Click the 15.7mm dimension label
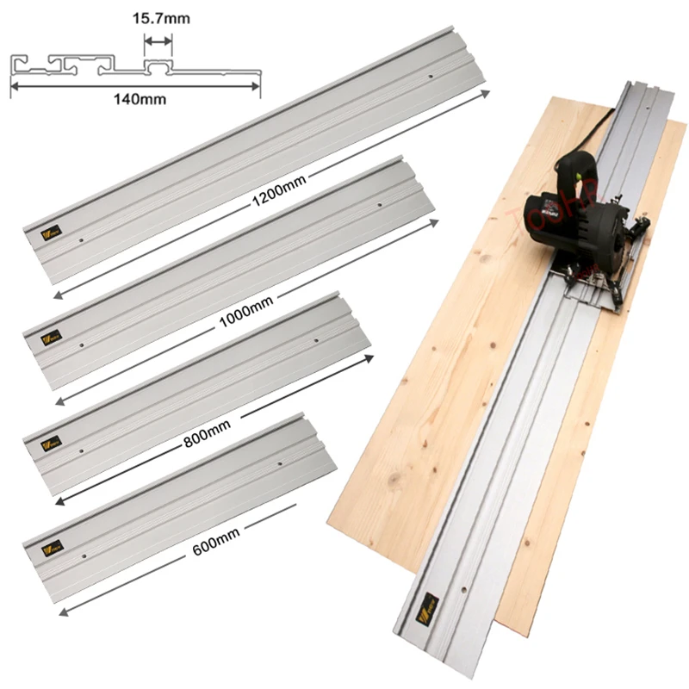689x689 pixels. tap(158, 16)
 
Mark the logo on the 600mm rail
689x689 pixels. tap(44, 545)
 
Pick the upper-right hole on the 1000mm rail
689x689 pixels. tap(380, 205)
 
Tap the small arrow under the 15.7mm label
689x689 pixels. tap(158, 40)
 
